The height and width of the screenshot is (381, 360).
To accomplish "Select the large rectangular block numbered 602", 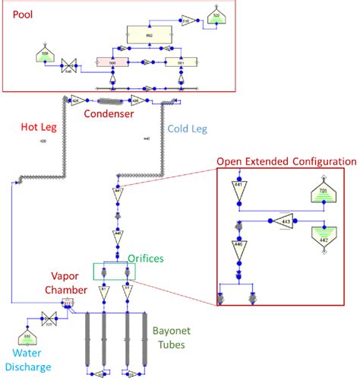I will tap(149, 35).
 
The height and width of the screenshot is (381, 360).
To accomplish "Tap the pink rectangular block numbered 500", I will tap(112, 63).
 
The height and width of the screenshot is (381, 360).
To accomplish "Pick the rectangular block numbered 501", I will tap(180, 63).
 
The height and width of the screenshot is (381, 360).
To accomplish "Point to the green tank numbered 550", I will tap(46, 55).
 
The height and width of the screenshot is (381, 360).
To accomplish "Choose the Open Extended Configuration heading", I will tap(285, 161).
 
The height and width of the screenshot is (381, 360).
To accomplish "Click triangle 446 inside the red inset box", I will tap(238, 247).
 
